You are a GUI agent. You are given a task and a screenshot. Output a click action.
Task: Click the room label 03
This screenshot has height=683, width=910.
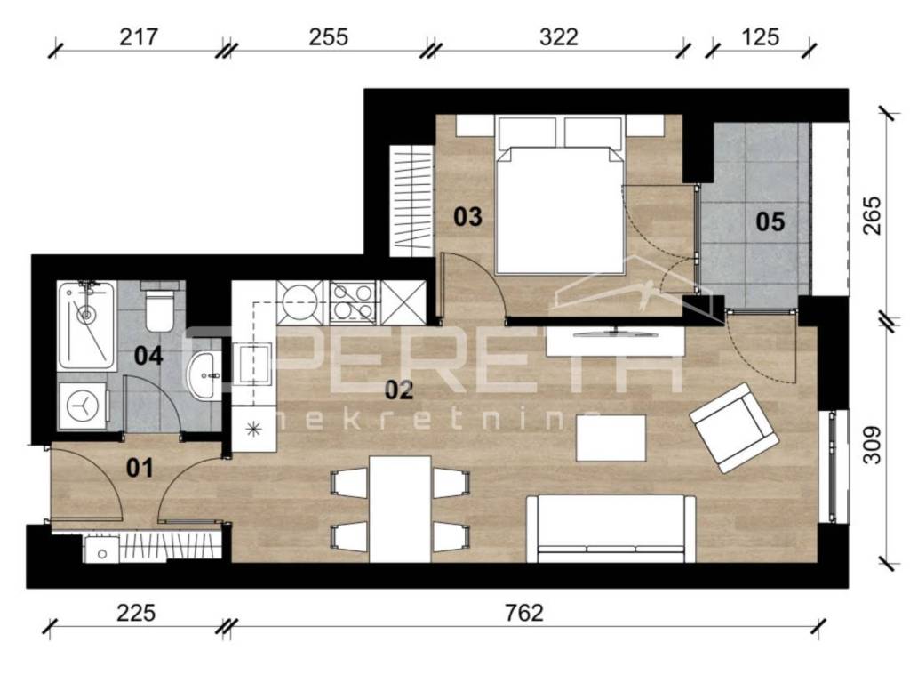[x=467, y=217]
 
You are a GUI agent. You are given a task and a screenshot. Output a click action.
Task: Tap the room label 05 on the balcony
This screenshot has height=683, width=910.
[x=770, y=221]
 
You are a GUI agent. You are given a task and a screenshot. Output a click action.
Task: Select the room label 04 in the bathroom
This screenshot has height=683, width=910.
[x=148, y=356]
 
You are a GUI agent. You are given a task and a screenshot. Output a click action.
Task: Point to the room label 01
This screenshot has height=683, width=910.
[x=140, y=468]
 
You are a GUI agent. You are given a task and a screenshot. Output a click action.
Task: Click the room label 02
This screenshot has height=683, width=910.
[x=400, y=390]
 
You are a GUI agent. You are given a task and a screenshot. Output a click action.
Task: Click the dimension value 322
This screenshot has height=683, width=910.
[x=558, y=37]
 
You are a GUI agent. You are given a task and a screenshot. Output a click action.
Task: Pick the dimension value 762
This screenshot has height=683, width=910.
[x=524, y=613]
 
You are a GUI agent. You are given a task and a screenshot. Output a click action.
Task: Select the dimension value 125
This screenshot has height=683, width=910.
[x=761, y=37]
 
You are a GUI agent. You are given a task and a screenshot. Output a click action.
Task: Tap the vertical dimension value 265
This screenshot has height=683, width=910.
[x=872, y=215]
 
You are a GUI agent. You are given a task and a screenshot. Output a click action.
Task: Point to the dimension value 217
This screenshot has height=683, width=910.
[x=138, y=37]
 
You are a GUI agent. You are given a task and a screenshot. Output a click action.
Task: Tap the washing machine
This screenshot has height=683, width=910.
[x=84, y=406]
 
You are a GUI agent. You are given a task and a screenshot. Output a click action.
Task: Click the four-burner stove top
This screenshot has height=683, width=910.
[x=353, y=302]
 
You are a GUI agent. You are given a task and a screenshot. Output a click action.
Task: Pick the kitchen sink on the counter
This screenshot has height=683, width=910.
[x=251, y=364]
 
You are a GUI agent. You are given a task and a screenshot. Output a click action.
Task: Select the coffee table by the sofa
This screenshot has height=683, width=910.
[x=611, y=438]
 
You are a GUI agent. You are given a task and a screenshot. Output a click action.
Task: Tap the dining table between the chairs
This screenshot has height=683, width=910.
[x=401, y=509]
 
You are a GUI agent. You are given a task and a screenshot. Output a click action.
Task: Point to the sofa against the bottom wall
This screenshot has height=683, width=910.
[x=611, y=528]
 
